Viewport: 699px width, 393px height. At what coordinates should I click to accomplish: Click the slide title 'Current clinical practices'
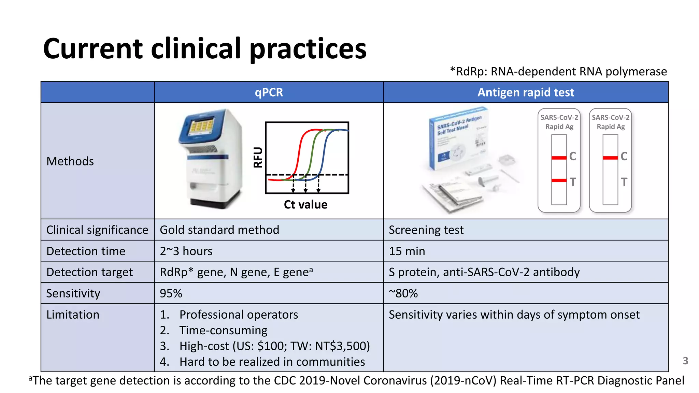(x=205, y=49)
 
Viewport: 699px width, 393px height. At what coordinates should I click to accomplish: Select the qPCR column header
(x=269, y=92)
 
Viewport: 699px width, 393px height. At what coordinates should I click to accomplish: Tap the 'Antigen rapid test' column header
(x=526, y=92)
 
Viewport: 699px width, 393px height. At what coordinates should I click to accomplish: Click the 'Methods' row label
(x=70, y=161)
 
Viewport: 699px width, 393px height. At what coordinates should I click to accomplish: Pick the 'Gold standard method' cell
(x=219, y=230)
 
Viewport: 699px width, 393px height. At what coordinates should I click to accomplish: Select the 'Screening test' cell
(x=426, y=230)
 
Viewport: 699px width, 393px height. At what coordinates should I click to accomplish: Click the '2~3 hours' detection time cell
(x=186, y=251)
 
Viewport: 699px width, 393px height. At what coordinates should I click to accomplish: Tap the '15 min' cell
(x=407, y=251)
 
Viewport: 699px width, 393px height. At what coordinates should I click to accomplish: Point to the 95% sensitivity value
(x=171, y=293)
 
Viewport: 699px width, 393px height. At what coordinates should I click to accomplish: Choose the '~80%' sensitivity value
(x=403, y=293)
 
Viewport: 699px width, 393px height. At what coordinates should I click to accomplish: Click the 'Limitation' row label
(x=73, y=315)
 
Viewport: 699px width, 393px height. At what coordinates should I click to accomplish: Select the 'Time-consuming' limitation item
(x=223, y=330)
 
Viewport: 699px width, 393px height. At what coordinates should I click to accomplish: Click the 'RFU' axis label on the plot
(x=258, y=157)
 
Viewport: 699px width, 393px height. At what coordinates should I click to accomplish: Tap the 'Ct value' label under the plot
(x=305, y=205)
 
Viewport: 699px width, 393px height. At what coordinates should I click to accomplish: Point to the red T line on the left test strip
(x=559, y=180)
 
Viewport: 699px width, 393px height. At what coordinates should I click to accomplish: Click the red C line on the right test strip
(x=610, y=158)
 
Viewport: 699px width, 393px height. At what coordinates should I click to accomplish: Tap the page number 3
(x=685, y=361)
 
